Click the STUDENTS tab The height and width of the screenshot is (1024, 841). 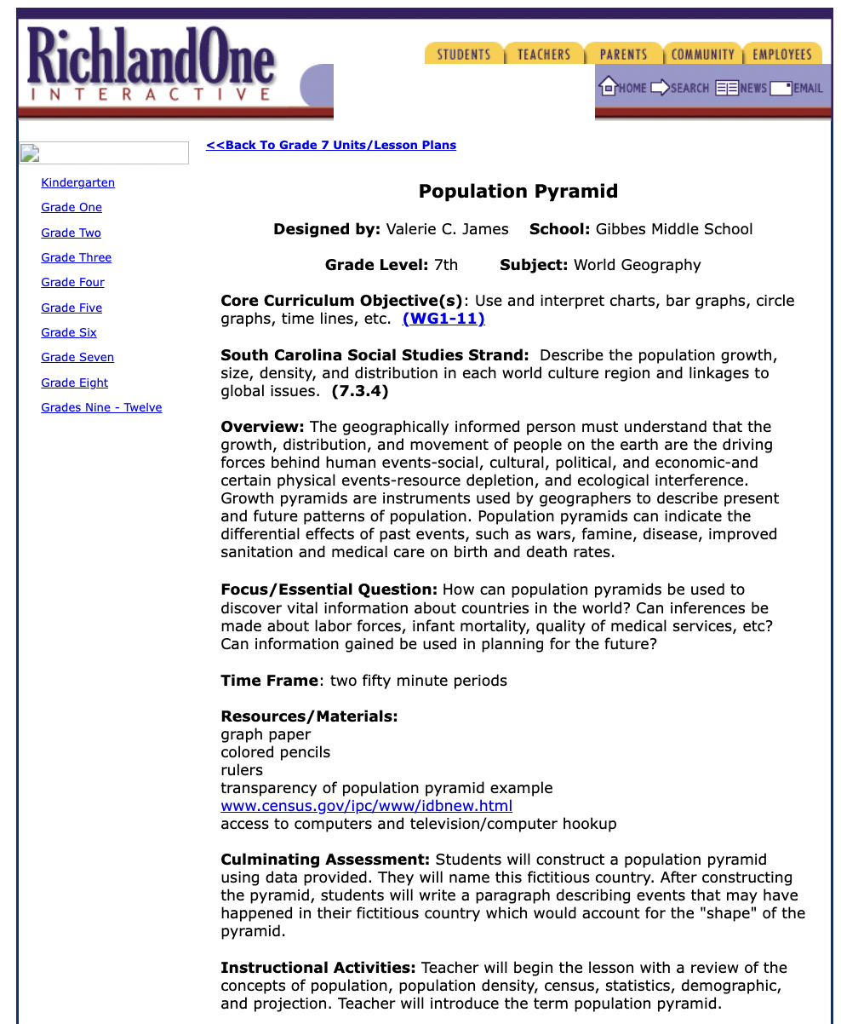tap(464, 54)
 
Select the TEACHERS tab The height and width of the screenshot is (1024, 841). tap(544, 54)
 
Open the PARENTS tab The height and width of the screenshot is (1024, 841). tap(623, 54)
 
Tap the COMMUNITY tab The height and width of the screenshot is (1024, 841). tap(702, 54)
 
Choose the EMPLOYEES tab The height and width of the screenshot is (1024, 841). tap(782, 54)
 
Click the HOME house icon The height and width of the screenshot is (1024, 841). tap(608, 87)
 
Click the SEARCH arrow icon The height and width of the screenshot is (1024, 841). tap(660, 88)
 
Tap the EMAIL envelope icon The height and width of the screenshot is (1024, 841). tap(781, 88)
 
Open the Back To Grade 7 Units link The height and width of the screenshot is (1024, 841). tap(331, 145)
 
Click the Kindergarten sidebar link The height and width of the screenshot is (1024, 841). tap(77, 182)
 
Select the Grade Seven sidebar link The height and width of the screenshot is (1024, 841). tap(77, 357)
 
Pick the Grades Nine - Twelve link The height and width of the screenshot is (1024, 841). tap(101, 407)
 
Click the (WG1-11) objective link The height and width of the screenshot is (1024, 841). tap(443, 319)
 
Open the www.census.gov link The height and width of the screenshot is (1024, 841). tap(366, 806)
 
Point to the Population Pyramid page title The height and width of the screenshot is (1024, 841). tap(518, 191)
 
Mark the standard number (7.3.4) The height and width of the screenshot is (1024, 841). tap(360, 391)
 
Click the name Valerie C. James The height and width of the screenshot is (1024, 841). tap(447, 229)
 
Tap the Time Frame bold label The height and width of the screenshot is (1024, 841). tap(269, 681)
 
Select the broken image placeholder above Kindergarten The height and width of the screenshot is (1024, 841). tap(30, 153)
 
